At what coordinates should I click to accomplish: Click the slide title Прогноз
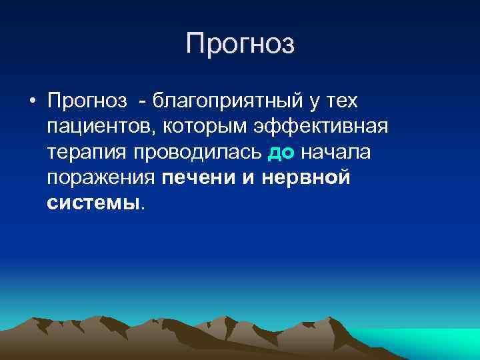point(240,45)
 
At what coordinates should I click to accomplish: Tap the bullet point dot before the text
point(31,102)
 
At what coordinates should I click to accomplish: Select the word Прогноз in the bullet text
point(87,101)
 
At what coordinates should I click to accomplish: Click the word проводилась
point(200,152)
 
